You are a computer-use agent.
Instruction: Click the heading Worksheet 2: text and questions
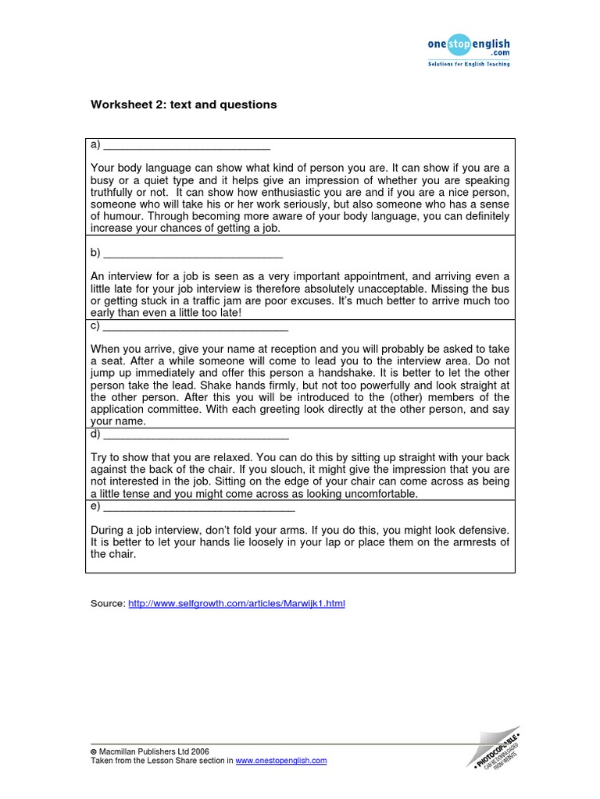pos(184,105)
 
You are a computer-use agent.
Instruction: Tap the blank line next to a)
pos(187,145)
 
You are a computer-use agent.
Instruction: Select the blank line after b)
pos(193,254)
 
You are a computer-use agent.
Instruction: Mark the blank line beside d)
pos(196,435)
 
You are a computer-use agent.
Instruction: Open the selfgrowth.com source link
pos(236,604)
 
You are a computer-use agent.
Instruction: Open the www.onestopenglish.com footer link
pos(281,761)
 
